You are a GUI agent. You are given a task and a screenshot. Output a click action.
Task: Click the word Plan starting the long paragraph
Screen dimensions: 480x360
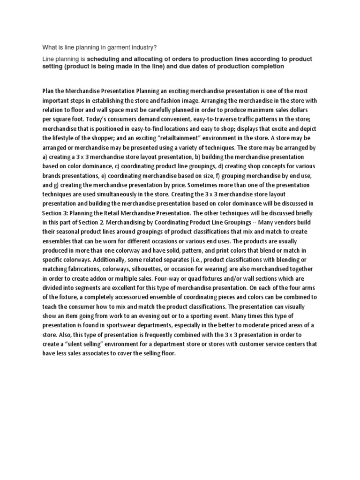tap(49, 90)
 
